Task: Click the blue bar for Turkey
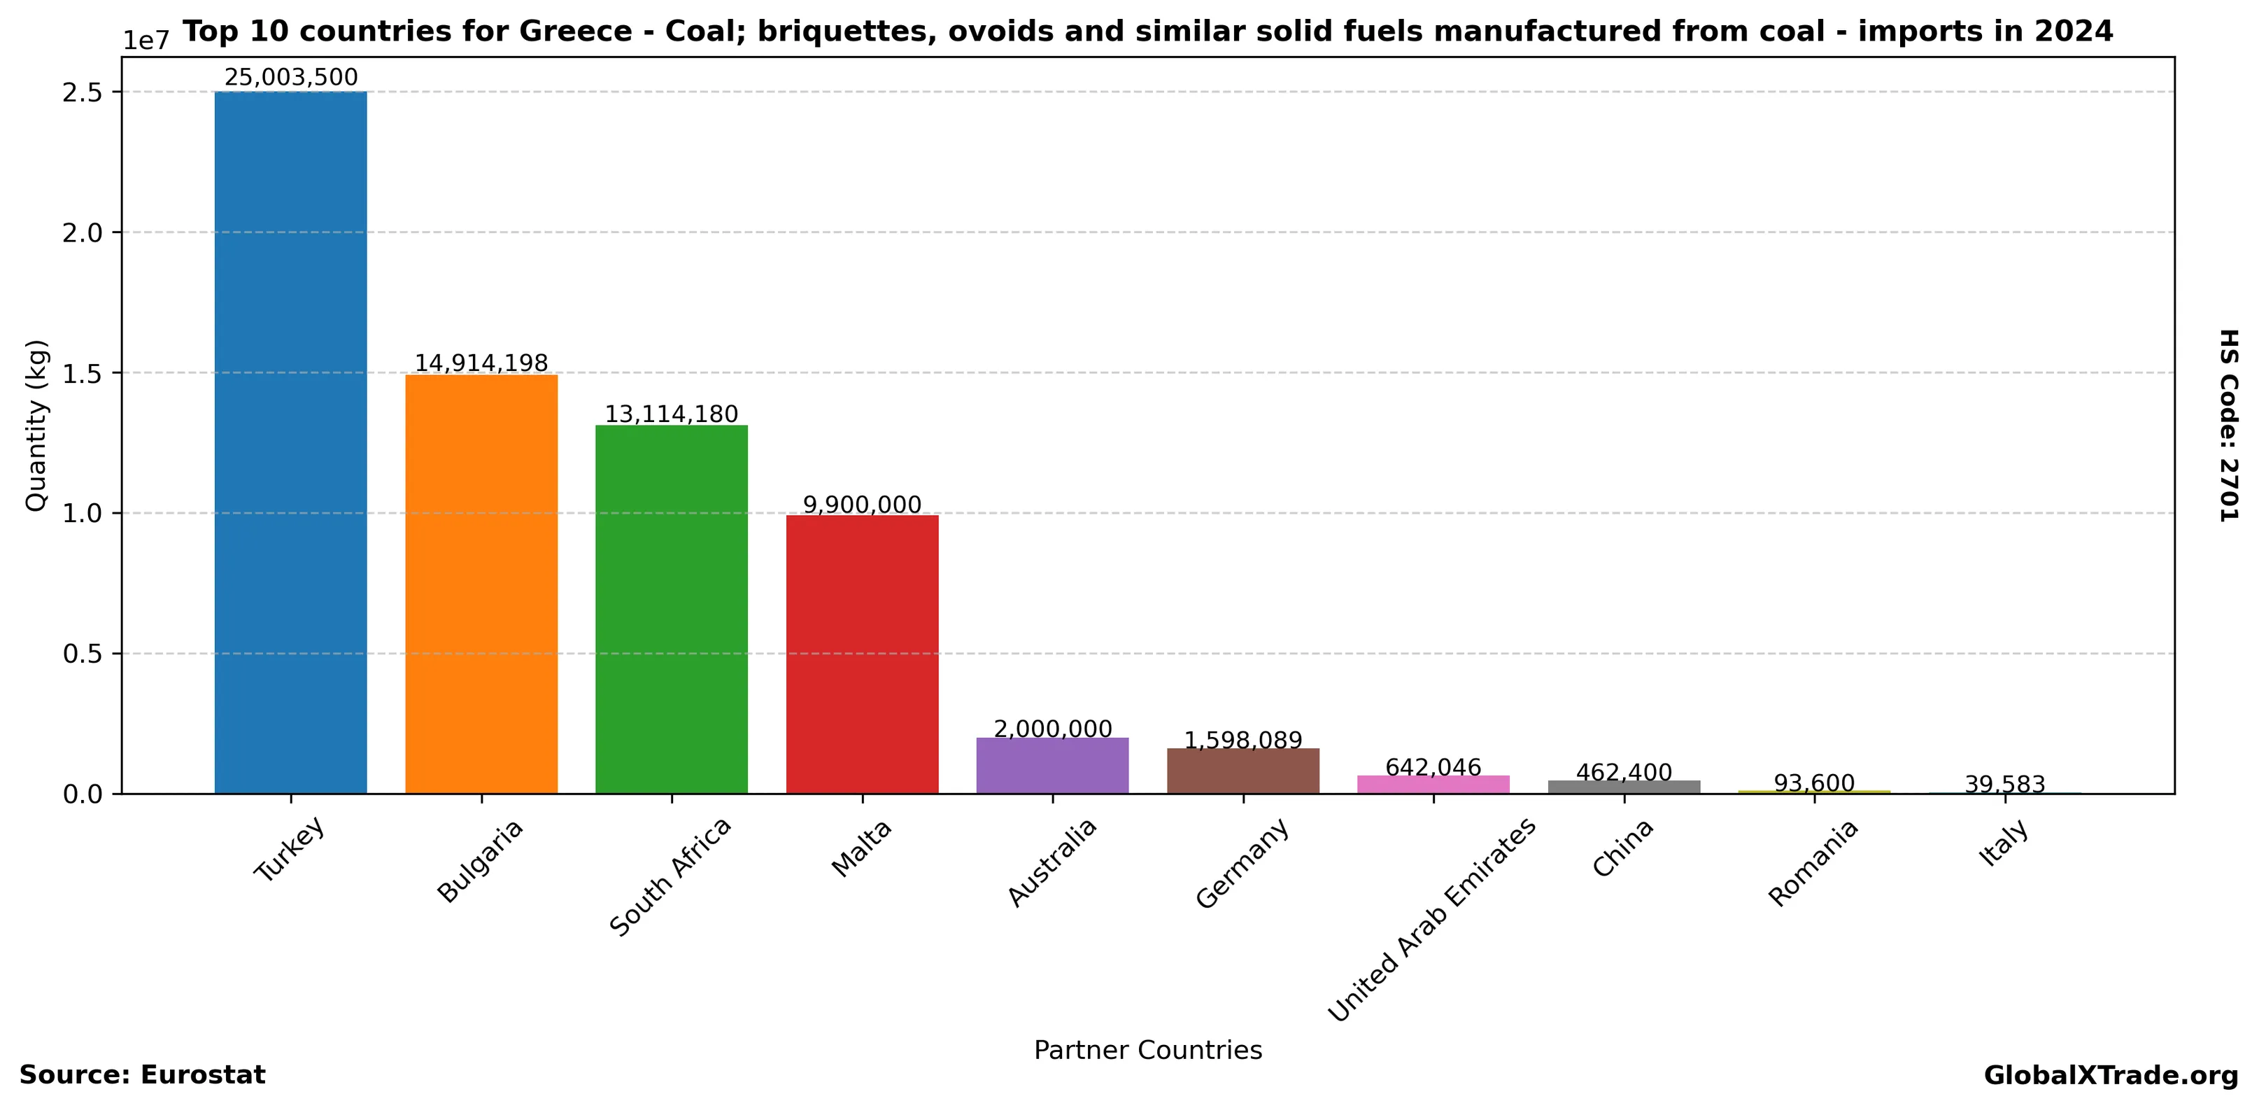click(x=290, y=442)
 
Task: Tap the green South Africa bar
click(x=671, y=609)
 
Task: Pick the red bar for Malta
click(x=862, y=654)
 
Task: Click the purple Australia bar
click(x=1052, y=766)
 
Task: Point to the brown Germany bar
click(x=1242, y=771)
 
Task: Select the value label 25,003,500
click(x=290, y=77)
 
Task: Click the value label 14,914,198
click(x=481, y=363)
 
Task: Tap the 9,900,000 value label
click(x=862, y=505)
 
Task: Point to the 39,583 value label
click(x=2004, y=785)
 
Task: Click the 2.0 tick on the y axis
click(x=83, y=232)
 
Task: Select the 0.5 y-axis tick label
click(x=83, y=654)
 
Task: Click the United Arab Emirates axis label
click(x=1431, y=920)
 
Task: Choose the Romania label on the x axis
click(x=1812, y=863)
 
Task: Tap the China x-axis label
click(x=1622, y=848)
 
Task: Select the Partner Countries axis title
click(x=1147, y=1050)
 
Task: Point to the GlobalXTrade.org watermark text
click(x=2110, y=1076)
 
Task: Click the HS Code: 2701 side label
click(x=2228, y=426)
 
